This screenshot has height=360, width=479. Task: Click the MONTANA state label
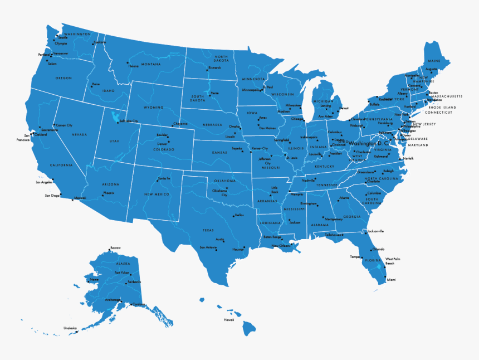pyautogui.click(x=150, y=64)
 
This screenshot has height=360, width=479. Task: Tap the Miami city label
pyautogui.click(x=391, y=279)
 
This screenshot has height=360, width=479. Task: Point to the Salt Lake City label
pyautogui.click(x=128, y=121)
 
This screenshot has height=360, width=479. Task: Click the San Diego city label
pyautogui.click(x=52, y=196)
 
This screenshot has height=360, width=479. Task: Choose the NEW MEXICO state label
pyautogui.click(x=157, y=194)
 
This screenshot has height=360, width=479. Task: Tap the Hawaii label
pyautogui.click(x=229, y=320)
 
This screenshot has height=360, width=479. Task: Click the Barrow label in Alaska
pyautogui.click(x=115, y=247)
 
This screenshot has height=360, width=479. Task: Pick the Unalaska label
pyautogui.click(x=70, y=328)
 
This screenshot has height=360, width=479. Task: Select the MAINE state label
pyautogui.click(x=434, y=61)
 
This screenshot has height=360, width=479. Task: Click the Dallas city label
pyautogui.click(x=239, y=215)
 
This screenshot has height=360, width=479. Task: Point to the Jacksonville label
pyautogui.click(x=375, y=231)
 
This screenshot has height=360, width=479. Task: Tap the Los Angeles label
pyautogui.click(x=44, y=182)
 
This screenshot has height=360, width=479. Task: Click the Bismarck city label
pyautogui.click(x=215, y=68)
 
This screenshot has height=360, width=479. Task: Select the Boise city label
pyautogui.click(x=96, y=84)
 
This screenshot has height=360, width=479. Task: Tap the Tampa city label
pyautogui.click(x=355, y=257)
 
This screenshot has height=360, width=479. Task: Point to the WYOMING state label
pyautogui.click(x=153, y=108)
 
